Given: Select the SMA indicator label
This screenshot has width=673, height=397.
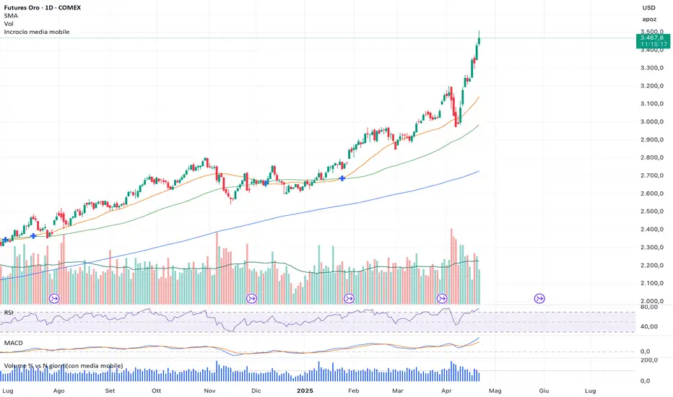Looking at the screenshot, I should [11, 16].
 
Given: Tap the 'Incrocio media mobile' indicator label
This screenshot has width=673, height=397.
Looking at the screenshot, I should [36, 32].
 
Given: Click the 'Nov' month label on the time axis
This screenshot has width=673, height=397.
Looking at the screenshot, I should [209, 390].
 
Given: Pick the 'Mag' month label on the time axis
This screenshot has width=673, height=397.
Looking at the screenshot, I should [495, 390].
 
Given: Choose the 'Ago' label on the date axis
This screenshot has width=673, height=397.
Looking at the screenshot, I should [59, 390].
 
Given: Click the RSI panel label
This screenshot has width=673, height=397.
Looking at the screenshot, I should [9, 313].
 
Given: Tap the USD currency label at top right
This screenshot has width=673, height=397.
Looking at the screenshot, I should [648, 8].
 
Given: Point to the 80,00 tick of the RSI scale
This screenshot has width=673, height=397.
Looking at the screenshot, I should [649, 307].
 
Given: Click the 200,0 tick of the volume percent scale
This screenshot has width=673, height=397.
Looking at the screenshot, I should [649, 359].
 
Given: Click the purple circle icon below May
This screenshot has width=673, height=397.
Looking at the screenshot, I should [539, 298].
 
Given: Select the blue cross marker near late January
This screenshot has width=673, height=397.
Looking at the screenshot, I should [342, 178].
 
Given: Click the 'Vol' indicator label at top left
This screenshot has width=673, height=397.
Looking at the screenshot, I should [9, 24].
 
